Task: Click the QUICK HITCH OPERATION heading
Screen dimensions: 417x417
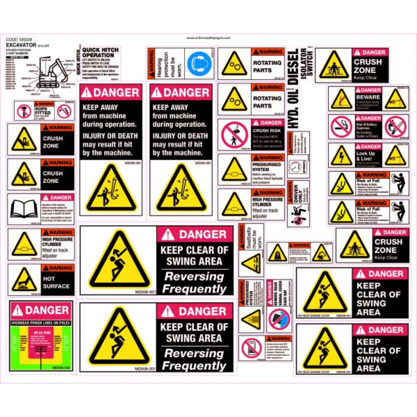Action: point(100,53)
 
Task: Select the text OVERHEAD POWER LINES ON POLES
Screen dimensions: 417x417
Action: point(40,323)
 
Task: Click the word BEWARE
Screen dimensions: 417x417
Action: point(368,97)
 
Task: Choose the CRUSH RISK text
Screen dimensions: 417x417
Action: point(266,131)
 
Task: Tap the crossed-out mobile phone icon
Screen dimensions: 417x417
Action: point(250,348)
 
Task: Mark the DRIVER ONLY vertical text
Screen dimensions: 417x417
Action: point(296,193)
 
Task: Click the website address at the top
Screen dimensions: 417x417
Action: point(208,38)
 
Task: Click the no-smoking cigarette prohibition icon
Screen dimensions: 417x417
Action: point(340,126)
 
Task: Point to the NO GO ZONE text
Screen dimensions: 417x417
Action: point(40,332)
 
